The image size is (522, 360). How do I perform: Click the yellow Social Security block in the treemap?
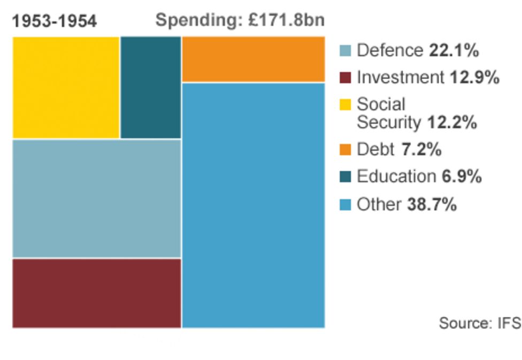66,87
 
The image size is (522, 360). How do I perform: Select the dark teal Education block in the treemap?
151,87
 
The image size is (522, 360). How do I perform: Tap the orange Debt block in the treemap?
253,59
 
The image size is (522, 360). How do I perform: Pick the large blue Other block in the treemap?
253,205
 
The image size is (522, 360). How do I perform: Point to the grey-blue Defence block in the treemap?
97,198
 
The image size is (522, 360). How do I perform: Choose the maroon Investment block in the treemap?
97,293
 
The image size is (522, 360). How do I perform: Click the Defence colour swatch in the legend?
346,51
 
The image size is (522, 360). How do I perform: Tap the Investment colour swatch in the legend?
346,78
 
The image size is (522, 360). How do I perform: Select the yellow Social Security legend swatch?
346,104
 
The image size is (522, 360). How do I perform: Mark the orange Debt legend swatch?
346,150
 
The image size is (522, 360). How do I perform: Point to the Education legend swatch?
346,177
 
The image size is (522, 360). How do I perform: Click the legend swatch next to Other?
346,204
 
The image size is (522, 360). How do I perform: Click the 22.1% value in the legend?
454,51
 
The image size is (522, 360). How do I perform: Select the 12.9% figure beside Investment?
474,78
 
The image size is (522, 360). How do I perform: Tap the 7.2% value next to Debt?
421,150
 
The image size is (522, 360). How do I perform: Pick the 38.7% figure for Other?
432,204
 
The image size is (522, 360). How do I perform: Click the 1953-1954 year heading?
55,21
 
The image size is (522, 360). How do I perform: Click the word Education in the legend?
396,177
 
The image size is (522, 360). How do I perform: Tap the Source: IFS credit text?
479,323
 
